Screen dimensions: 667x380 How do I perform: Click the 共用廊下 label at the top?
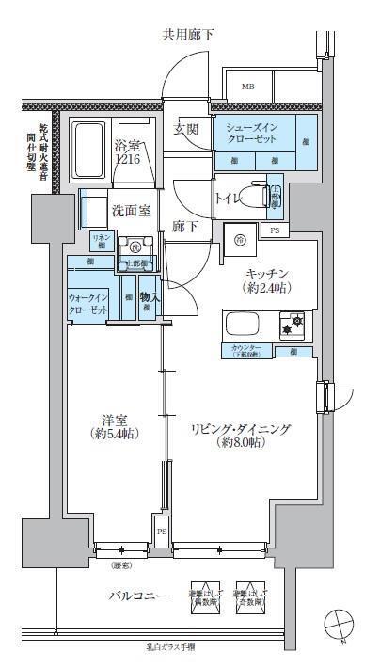[x=188, y=35]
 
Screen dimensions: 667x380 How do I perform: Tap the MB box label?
[x=247, y=87]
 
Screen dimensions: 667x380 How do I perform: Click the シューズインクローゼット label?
[x=251, y=132]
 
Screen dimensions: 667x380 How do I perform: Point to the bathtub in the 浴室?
[x=89, y=144]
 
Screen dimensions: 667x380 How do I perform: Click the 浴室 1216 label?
[x=128, y=154]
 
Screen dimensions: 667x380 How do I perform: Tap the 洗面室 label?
[x=131, y=211]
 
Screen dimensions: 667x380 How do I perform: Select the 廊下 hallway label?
[x=184, y=226]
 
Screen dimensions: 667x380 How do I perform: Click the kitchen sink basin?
[x=239, y=326]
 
